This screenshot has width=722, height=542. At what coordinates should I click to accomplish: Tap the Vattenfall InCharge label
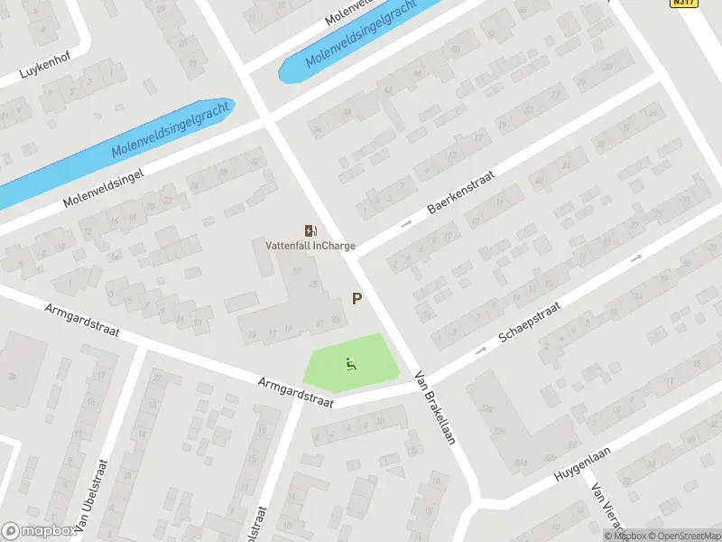tap(310, 246)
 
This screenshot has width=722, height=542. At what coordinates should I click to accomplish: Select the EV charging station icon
tap(310, 231)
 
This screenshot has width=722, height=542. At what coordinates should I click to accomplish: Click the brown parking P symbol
tap(357, 299)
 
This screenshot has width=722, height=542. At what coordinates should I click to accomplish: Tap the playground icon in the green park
tap(350, 364)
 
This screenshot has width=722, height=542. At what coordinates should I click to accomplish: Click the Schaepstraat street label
tap(530, 324)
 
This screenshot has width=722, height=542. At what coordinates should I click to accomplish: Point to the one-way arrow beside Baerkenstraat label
tap(406, 223)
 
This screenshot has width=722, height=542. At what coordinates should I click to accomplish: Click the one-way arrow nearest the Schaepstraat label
tap(480, 350)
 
